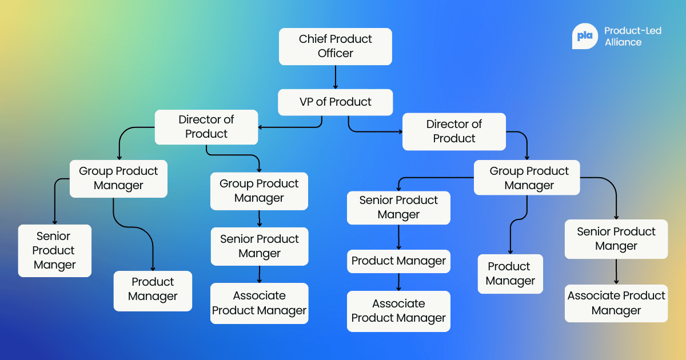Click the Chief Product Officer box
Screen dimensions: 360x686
coord(335,46)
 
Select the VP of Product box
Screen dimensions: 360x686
coord(335,102)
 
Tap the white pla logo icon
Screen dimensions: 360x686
coord(585,36)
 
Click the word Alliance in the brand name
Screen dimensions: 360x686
coord(623,42)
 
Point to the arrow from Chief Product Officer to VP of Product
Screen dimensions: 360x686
coord(335,77)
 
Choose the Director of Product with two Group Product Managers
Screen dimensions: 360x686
coord(206,127)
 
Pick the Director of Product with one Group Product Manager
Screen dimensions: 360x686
coord(454,131)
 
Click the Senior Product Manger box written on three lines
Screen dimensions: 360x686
coord(54,251)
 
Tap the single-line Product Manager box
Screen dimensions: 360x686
coord(398,261)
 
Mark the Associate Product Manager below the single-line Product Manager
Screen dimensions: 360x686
coord(398,311)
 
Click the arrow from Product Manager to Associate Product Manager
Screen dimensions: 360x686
coord(398,282)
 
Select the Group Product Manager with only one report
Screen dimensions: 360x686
coord(259,191)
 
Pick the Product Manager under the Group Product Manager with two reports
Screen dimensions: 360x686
coord(153,290)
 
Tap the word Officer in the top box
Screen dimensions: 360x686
coord(336,54)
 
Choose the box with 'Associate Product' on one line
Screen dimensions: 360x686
coord(616,303)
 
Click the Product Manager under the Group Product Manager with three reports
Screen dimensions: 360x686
coord(510,274)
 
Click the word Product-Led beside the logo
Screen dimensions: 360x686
coord(633,31)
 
